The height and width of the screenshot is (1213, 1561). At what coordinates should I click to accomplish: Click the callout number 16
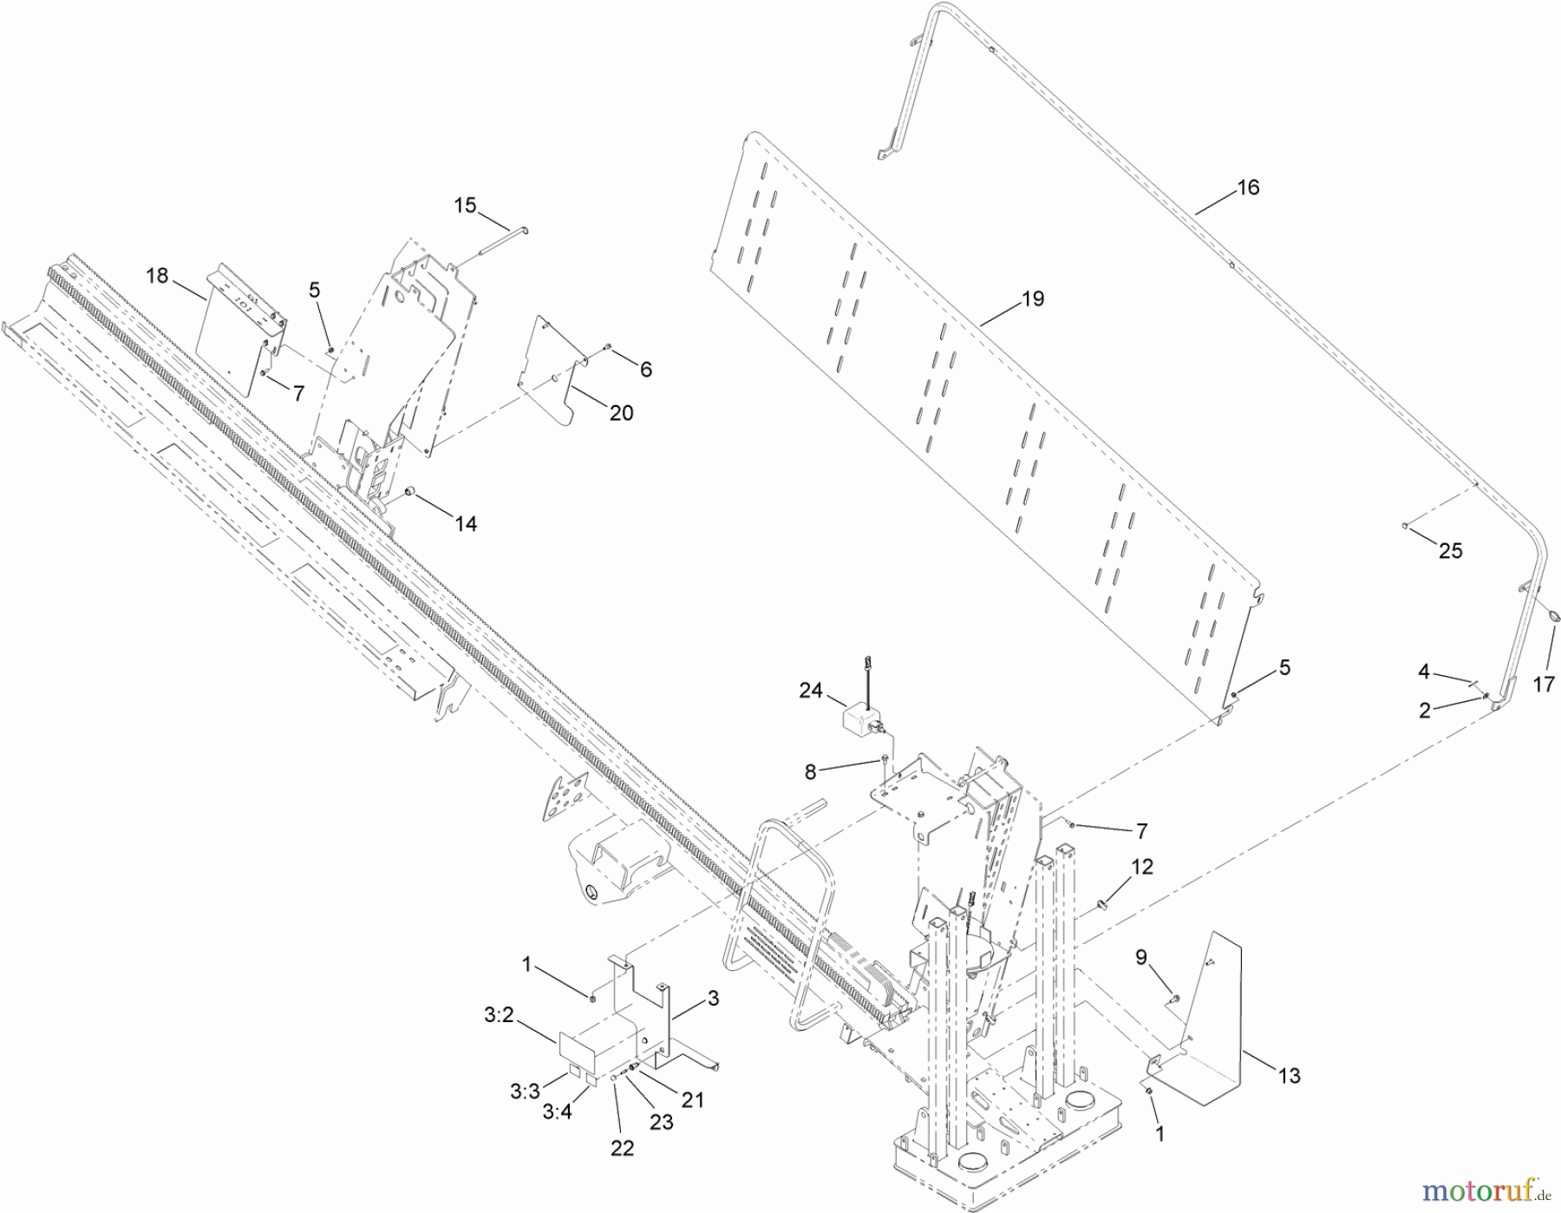(x=1247, y=187)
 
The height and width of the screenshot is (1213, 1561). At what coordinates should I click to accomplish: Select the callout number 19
(x=1032, y=299)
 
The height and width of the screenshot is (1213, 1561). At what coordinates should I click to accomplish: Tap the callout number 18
(x=157, y=276)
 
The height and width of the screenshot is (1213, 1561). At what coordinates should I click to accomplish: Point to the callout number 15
(x=465, y=206)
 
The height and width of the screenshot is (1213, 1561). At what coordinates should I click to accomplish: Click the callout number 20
(x=621, y=413)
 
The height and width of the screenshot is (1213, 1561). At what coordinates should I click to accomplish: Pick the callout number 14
(x=466, y=524)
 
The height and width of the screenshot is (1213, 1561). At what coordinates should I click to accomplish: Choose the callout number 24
(x=810, y=691)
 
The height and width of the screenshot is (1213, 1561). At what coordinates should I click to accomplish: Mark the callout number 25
(x=1450, y=551)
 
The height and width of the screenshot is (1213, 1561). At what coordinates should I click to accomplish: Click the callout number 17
(x=1543, y=685)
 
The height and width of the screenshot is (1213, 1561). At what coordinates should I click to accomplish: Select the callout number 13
(x=1289, y=1076)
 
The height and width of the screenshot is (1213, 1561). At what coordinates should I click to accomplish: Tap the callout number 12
(x=1142, y=867)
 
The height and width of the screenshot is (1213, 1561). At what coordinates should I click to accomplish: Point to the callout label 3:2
(x=500, y=1015)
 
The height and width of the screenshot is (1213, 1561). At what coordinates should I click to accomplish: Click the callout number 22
(x=622, y=1148)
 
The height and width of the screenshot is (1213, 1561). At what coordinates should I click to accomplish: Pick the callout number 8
(x=811, y=771)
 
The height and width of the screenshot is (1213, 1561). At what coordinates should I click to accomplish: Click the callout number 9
(x=1141, y=957)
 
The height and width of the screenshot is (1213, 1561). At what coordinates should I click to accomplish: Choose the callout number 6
(x=645, y=370)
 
